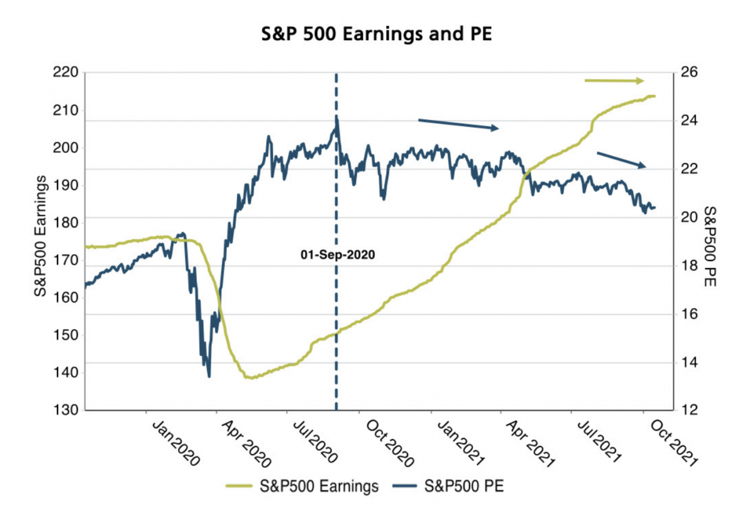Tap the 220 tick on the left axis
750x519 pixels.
click(64, 73)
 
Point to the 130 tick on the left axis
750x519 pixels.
click(64, 410)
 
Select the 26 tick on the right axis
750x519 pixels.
click(687, 73)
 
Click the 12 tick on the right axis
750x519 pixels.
click(687, 410)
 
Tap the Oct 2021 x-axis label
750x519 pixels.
click(668, 445)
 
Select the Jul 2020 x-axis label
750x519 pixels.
click(315, 445)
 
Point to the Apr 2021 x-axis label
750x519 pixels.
click(529, 445)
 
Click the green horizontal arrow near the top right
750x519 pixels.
click(614, 81)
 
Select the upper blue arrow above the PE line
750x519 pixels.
click(458, 124)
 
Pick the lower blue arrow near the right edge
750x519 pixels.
click(621, 160)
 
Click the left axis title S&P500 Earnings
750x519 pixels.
click(42, 235)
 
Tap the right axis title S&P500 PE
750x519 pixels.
click(710, 246)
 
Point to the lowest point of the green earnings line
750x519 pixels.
click(250, 378)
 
